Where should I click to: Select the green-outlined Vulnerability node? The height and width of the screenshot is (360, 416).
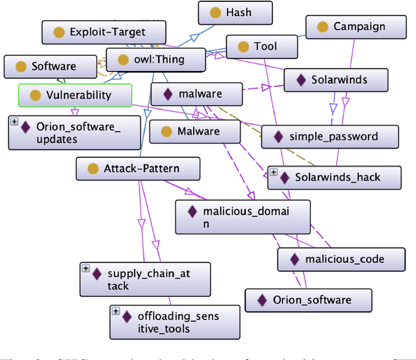75,96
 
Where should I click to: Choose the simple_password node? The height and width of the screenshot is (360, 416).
330,136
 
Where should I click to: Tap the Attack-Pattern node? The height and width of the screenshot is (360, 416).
137,169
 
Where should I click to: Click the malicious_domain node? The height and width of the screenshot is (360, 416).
242,217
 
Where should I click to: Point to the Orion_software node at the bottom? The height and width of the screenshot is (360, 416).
308,300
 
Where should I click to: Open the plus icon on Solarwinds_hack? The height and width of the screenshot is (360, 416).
274,172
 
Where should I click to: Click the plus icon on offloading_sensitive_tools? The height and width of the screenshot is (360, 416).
116,311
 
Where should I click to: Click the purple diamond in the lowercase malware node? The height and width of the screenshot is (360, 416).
167,94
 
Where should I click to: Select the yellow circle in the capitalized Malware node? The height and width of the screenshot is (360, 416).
166,131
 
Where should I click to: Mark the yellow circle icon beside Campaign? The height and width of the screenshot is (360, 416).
322,27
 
